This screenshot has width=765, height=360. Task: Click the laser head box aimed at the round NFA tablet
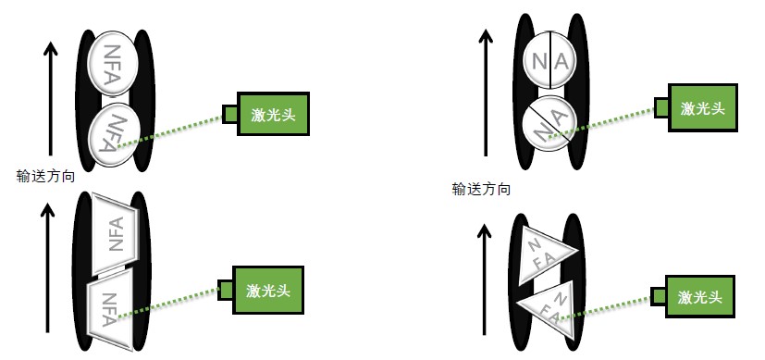(272, 114)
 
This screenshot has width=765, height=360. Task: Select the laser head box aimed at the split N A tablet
(703, 107)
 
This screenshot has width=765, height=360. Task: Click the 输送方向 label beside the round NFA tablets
(47, 174)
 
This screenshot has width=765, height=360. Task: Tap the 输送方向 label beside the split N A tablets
(481, 189)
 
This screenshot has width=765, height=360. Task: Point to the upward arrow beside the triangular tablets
(482, 275)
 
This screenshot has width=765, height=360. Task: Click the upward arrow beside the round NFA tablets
(52, 97)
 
